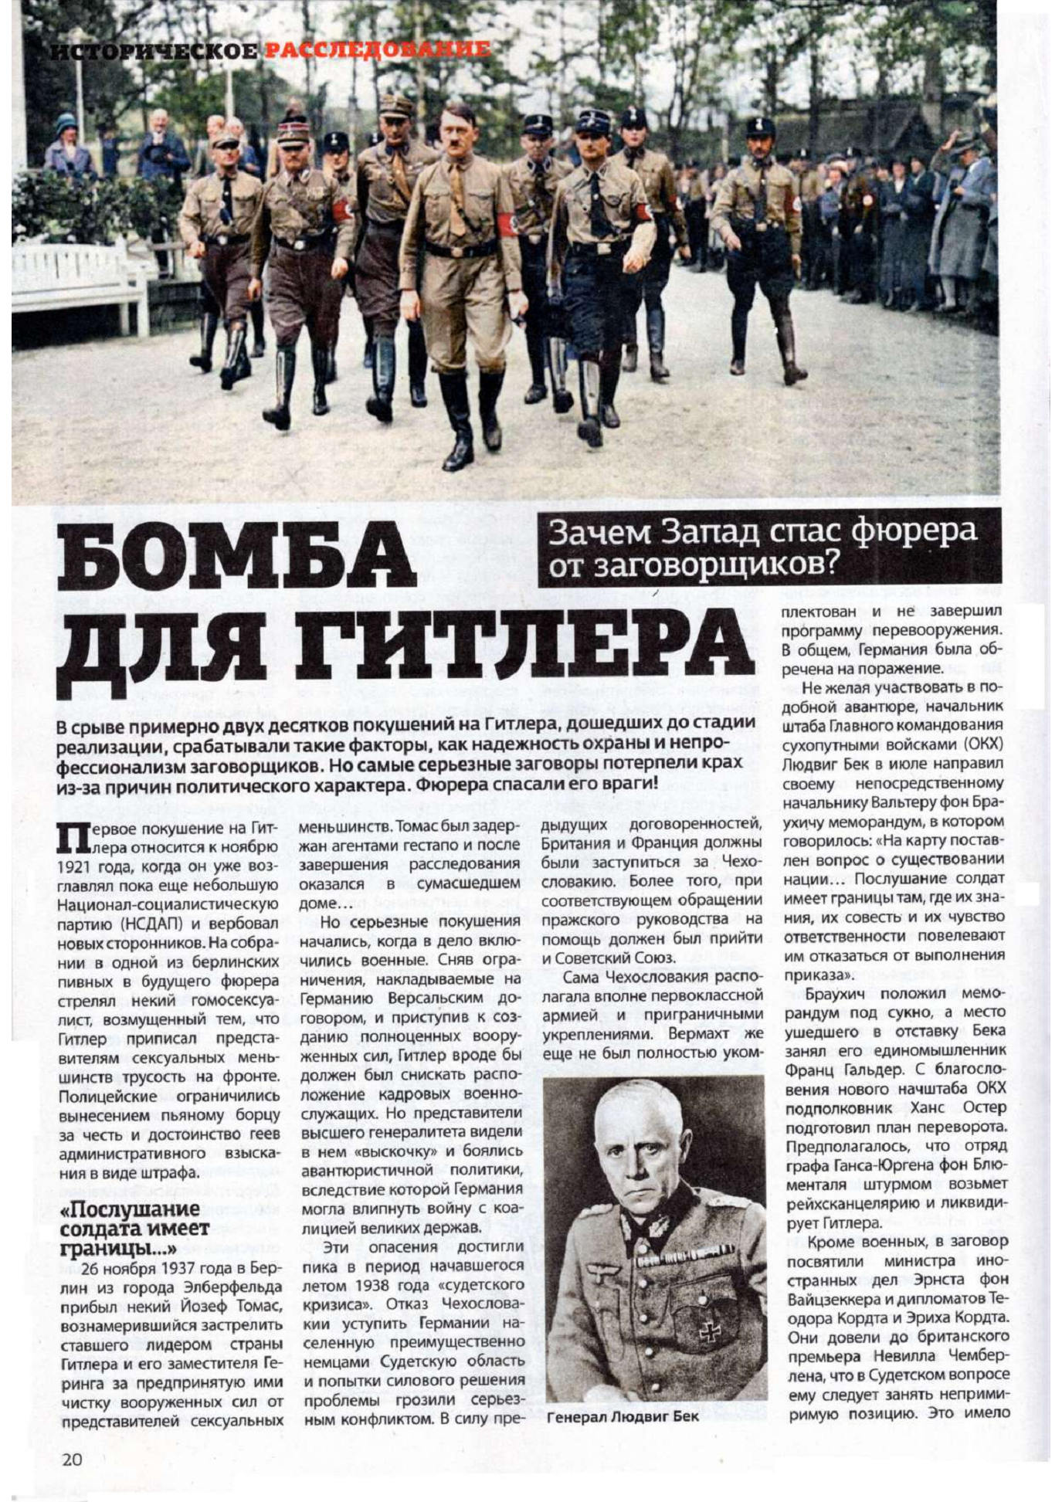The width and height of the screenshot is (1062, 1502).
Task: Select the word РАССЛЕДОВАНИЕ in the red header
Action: (378, 51)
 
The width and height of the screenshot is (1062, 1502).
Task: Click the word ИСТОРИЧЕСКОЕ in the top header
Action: (154, 52)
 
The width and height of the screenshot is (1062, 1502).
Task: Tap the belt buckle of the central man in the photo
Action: (461, 251)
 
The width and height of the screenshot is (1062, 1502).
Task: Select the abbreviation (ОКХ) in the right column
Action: (981, 744)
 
